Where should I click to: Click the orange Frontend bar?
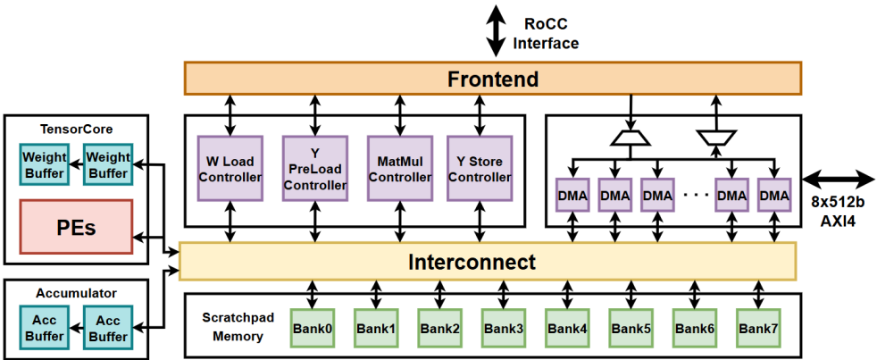click(x=493, y=79)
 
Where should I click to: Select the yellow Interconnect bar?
click(x=488, y=262)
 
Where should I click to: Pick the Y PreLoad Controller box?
click(x=314, y=170)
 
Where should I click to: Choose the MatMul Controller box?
click(x=399, y=170)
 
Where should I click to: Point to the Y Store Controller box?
click(x=480, y=170)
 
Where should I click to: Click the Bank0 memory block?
click(x=313, y=329)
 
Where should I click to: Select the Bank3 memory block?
click(x=504, y=329)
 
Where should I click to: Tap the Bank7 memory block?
click(x=759, y=329)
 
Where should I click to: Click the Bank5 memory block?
click(x=631, y=329)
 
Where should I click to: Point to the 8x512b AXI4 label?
click(x=840, y=211)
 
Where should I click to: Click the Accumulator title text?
click(x=76, y=292)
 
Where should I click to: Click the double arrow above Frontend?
click(x=493, y=31)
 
